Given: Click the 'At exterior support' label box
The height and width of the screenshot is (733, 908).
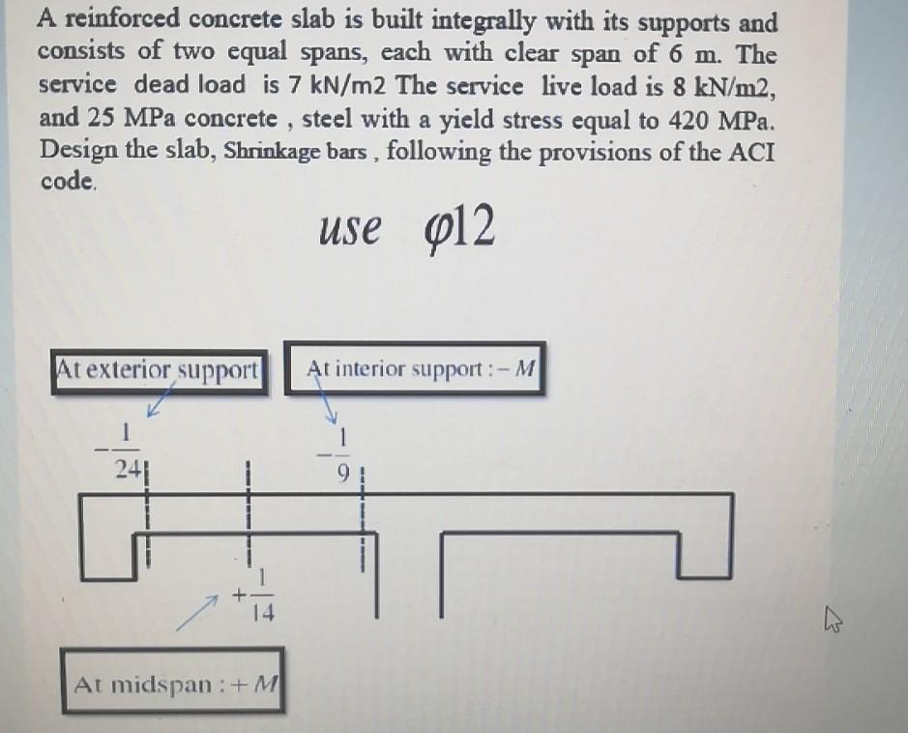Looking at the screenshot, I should (159, 369).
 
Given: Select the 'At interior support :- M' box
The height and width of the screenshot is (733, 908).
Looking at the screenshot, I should (415, 368).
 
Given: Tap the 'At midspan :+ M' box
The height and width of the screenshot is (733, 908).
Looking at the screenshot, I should (173, 684).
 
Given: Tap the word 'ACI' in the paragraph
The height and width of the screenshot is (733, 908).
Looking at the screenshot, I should (753, 151).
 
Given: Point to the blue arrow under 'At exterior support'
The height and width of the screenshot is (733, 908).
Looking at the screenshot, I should (161, 396).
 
